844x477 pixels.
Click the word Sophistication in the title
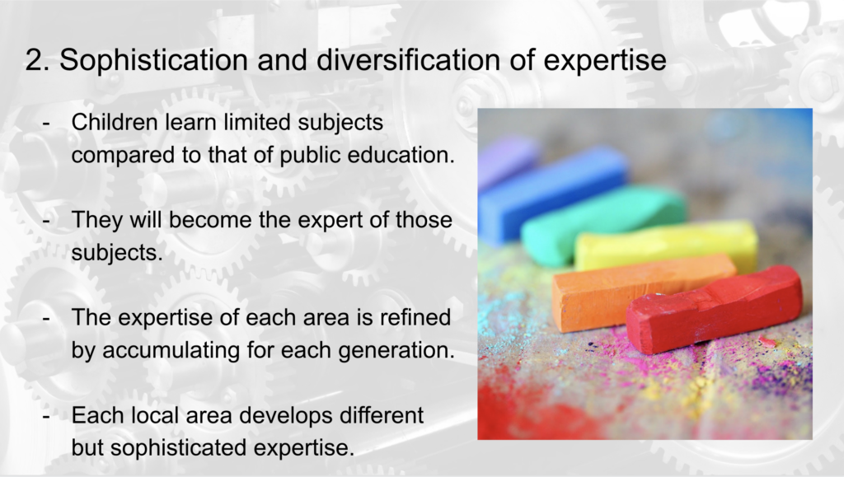[x=153, y=60]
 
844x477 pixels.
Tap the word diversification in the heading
[x=409, y=59]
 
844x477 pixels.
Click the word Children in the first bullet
[x=114, y=122]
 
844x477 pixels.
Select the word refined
[x=415, y=317]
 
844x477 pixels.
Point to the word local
[x=155, y=415]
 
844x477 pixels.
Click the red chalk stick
[x=714, y=309]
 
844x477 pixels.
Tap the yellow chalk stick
[x=666, y=245]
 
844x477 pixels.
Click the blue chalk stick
[x=552, y=193]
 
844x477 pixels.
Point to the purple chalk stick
[x=508, y=159]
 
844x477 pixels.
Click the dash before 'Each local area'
[x=46, y=416]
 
